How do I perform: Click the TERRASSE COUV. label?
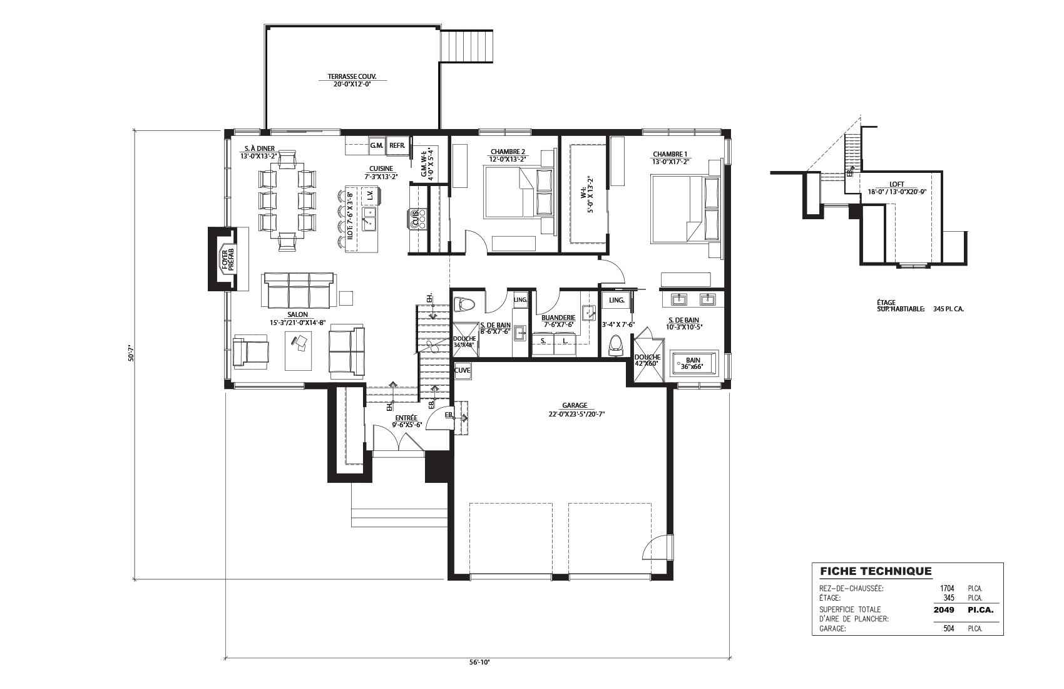pos(352,76)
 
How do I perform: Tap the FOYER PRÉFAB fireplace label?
pos(228,260)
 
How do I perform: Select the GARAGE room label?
pos(575,406)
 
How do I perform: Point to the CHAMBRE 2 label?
pos(508,152)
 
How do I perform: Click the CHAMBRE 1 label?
pos(670,154)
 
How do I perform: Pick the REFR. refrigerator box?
pos(397,145)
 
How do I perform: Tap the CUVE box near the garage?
pos(462,370)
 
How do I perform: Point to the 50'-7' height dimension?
pos(131,353)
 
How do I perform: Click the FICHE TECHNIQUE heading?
pos(876,571)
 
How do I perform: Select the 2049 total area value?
pos(943,609)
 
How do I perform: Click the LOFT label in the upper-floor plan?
pos(897,185)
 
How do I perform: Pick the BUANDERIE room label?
pos(558,318)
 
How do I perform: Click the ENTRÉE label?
pos(406,418)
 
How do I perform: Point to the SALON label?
pos(297,314)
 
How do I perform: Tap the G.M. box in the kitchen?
pos(377,145)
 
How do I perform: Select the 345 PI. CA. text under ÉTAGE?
pos(948,309)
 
